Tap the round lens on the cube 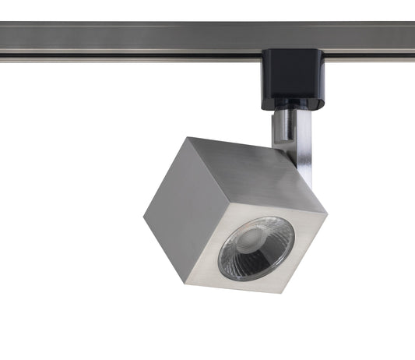(x=256, y=249)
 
